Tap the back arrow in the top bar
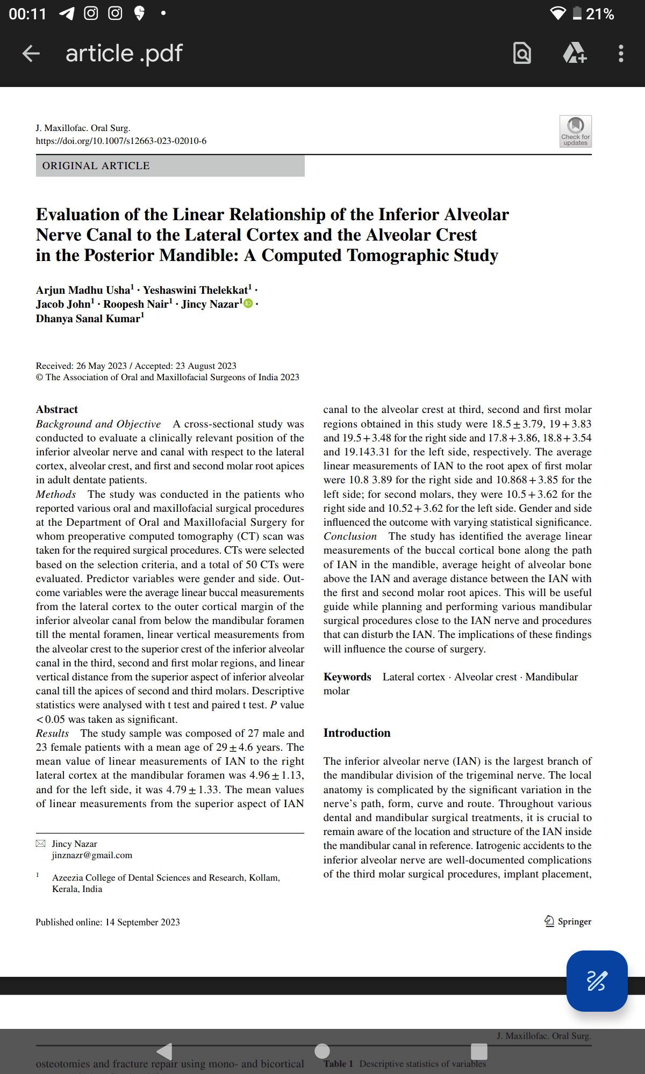31,53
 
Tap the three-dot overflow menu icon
621,53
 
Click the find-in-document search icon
522,53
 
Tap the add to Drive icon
574,53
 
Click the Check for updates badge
575,131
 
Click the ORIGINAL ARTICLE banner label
96,166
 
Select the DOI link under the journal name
121,141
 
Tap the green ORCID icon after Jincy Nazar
248,304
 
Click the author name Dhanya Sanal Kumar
88,318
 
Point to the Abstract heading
57,410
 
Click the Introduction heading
357,733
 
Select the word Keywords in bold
347,677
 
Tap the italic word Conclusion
350,536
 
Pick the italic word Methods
56,495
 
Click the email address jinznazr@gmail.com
92,855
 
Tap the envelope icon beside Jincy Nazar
40,844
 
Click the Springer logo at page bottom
568,921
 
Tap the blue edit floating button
597,981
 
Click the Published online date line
107,922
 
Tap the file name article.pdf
124,53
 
